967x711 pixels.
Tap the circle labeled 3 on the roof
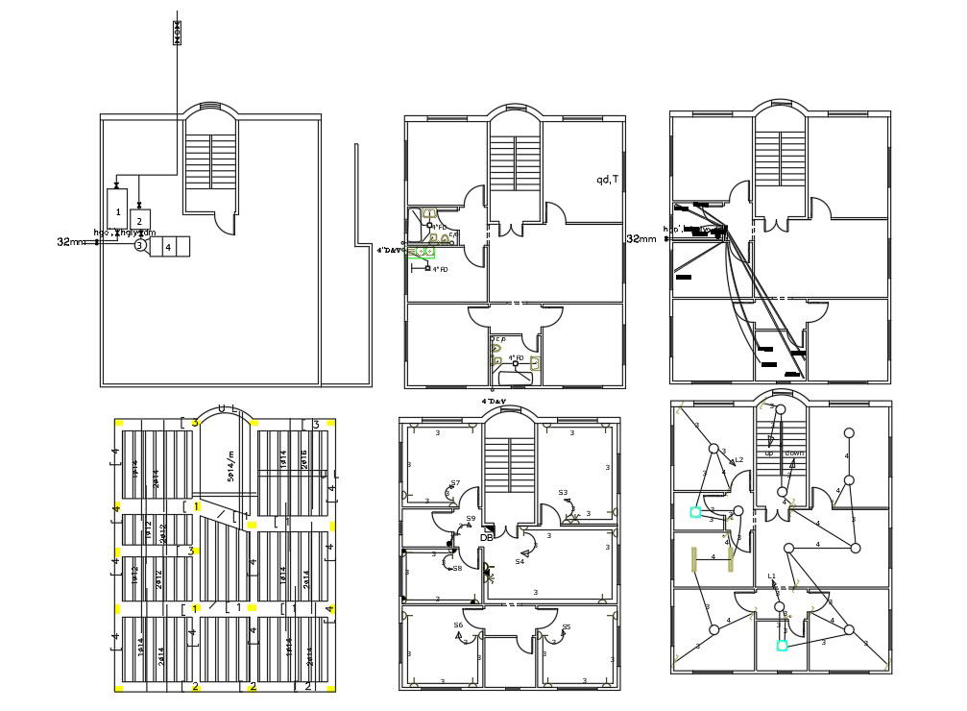(x=139, y=246)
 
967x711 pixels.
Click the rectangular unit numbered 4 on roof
(x=170, y=247)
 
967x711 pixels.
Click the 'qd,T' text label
(x=608, y=179)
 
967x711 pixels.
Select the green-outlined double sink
(x=421, y=252)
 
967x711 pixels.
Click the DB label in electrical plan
(x=487, y=537)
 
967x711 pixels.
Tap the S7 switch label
(x=455, y=483)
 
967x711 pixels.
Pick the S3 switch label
(x=563, y=493)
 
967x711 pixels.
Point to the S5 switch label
(x=566, y=627)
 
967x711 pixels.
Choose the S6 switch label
(x=459, y=625)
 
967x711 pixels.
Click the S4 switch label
(x=520, y=561)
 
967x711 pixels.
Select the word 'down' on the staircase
(x=794, y=453)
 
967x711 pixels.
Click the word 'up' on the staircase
(x=769, y=453)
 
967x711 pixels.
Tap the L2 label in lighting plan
(x=738, y=460)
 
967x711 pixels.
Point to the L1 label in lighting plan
(x=771, y=576)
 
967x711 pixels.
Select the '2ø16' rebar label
(x=303, y=461)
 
